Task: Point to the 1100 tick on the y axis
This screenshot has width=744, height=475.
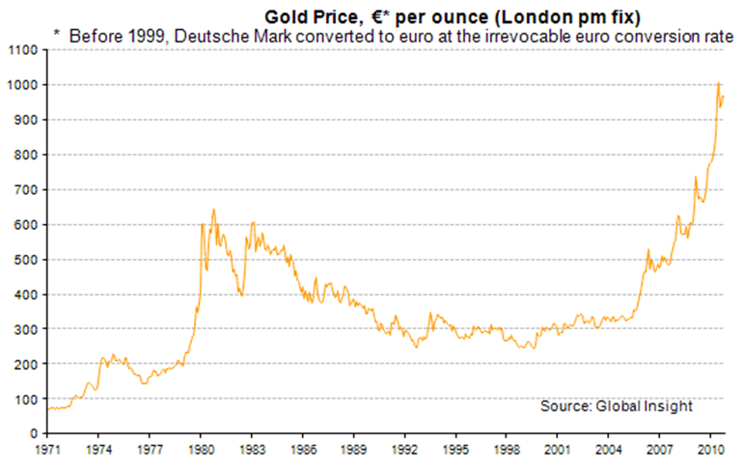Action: (23, 49)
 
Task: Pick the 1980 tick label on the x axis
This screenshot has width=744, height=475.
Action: (200, 449)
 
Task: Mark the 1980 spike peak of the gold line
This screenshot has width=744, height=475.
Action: (213, 210)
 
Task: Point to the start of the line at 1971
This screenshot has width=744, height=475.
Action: (47, 408)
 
